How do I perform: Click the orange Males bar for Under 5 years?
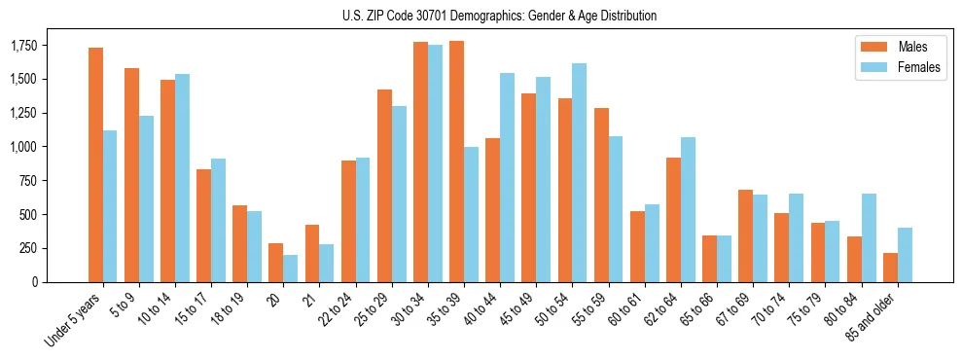coord(95,164)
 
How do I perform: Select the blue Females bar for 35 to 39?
coord(471,214)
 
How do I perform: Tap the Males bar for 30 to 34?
coord(420,162)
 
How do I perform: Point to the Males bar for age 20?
coord(276,262)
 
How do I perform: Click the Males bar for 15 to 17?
coord(203,225)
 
